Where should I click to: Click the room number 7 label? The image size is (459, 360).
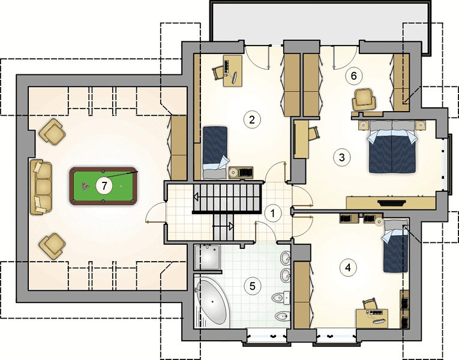pos(104,185)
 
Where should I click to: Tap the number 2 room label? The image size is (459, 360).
pos(252,119)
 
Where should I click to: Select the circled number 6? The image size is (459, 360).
pos(353,76)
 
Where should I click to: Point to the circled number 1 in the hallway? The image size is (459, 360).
pos(273,214)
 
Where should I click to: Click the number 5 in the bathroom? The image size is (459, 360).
pos(253,286)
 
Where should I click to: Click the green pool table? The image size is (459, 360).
pos(103,186)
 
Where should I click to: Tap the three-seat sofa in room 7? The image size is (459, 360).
pos(41,187)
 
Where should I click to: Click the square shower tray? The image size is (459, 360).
pos(207,257)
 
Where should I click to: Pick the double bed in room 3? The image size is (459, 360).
pos(392,146)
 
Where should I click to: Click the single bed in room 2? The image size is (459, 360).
pos(215,152)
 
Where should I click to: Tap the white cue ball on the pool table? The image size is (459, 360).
pos(121,186)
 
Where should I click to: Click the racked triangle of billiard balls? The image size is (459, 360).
pos(85,186)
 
